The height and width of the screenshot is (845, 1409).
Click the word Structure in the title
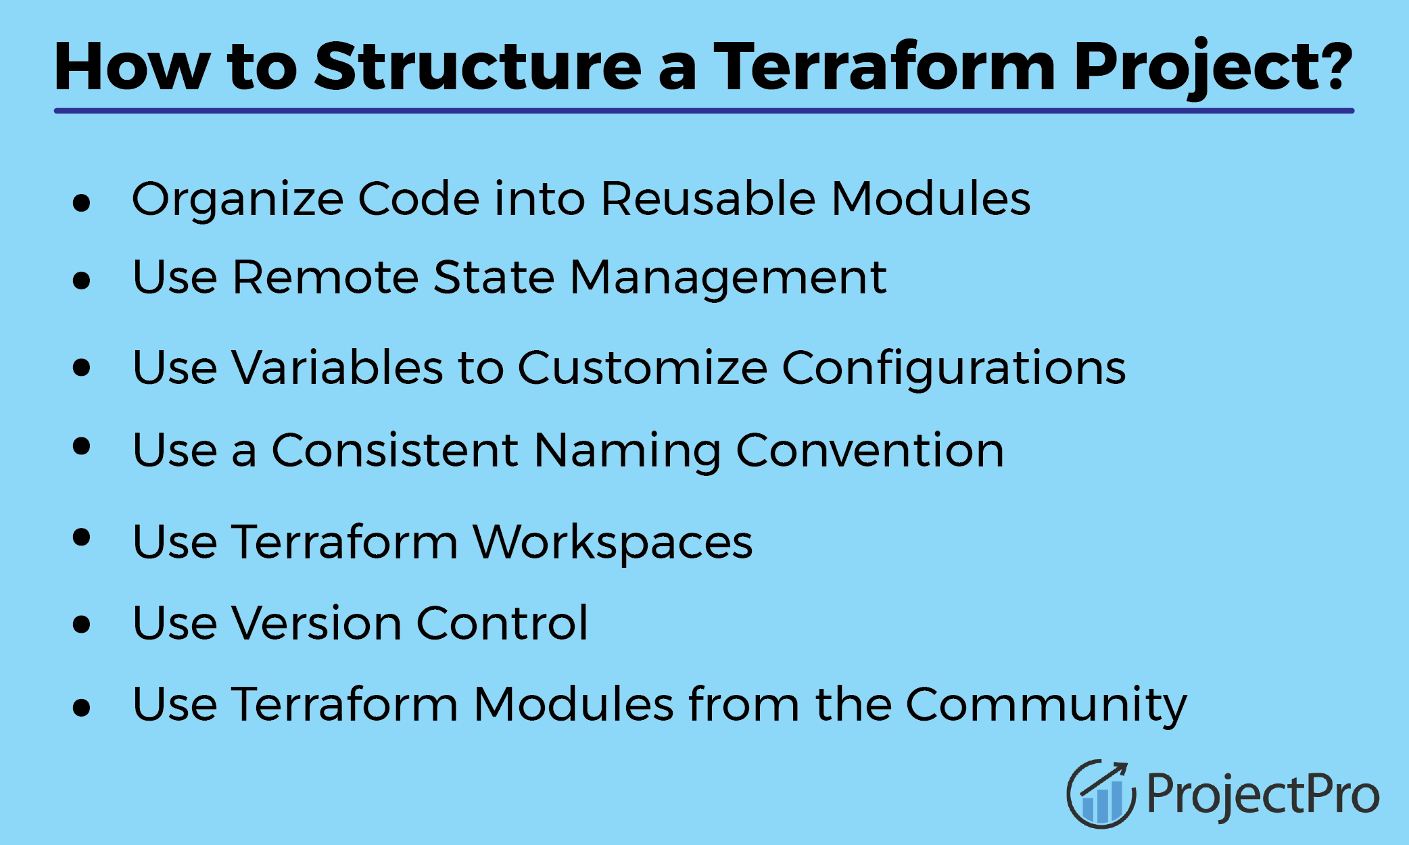(477, 66)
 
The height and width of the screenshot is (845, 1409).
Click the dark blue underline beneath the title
(704, 110)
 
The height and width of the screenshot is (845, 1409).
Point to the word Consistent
(395, 450)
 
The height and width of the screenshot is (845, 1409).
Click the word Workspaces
(613, 544)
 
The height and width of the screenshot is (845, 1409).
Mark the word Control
(502, 623)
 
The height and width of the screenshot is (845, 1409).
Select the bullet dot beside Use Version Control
(81, 624)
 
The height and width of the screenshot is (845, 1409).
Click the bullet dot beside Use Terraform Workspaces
(81, 537)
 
